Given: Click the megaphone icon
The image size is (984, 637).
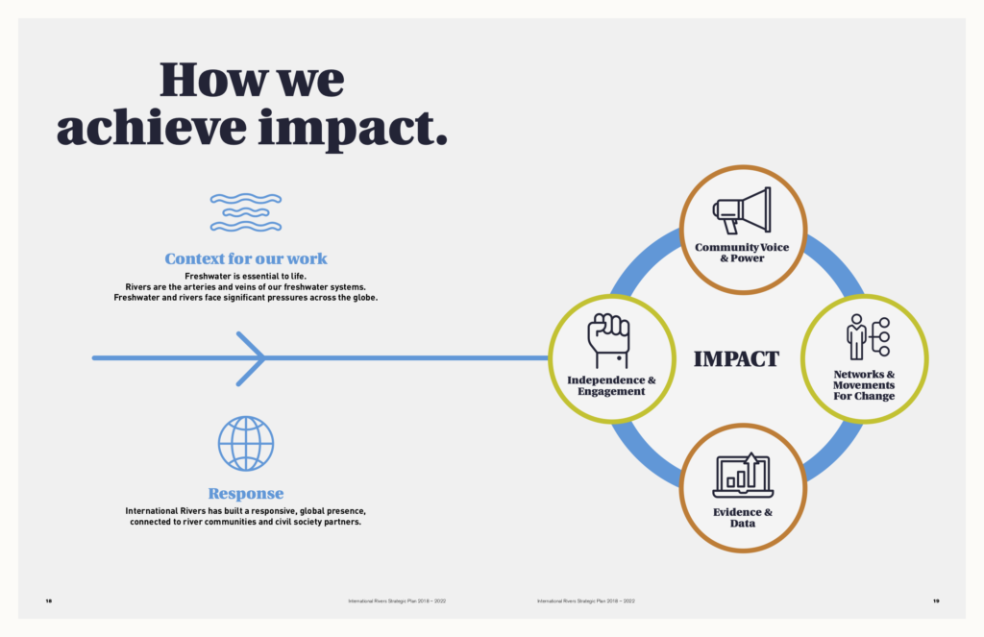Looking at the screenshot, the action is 742,210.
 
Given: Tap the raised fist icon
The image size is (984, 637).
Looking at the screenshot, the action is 608,341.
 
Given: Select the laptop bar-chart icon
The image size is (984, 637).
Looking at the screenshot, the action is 743,475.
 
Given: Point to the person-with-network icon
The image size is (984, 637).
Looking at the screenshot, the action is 868,337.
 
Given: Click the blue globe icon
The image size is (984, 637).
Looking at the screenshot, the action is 246,444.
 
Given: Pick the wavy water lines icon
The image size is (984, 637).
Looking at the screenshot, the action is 246,212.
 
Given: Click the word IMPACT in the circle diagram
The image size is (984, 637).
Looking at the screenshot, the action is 736,359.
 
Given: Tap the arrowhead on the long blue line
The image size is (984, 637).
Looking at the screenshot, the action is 251,358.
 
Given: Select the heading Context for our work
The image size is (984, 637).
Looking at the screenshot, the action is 246,258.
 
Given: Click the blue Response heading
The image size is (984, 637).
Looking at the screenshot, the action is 246,493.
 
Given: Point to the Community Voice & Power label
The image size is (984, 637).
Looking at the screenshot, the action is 742,253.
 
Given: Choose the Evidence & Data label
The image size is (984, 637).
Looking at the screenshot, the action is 743,518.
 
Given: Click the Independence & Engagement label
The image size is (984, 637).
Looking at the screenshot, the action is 611,385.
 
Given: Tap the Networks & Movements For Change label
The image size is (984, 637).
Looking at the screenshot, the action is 864,384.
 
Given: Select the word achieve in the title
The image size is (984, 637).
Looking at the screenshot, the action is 151,128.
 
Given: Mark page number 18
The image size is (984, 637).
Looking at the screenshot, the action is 49,601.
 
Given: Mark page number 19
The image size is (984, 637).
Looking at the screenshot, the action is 936,601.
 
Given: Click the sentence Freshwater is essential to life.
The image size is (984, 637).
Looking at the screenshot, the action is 246,276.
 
